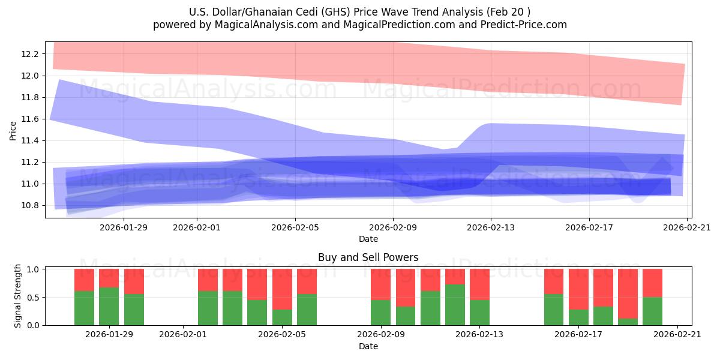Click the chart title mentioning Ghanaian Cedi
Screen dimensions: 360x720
[x=359, y=12]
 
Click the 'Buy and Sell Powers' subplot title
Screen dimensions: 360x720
[x=368, y=257]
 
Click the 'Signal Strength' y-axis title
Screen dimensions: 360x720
[x=18, y=296]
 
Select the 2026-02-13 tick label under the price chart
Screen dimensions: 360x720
[x=491, y=227]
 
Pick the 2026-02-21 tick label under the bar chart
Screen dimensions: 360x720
[x=677, y=334]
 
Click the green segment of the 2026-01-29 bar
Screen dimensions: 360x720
[x=109, y=306]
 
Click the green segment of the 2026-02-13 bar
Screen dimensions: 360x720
[x=479, y=312]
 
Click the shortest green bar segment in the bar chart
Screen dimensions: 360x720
[x=628, y=322]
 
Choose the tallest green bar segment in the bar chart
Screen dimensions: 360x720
[x=455, y=305]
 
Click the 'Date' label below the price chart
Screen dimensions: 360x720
[x=368, y=239]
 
